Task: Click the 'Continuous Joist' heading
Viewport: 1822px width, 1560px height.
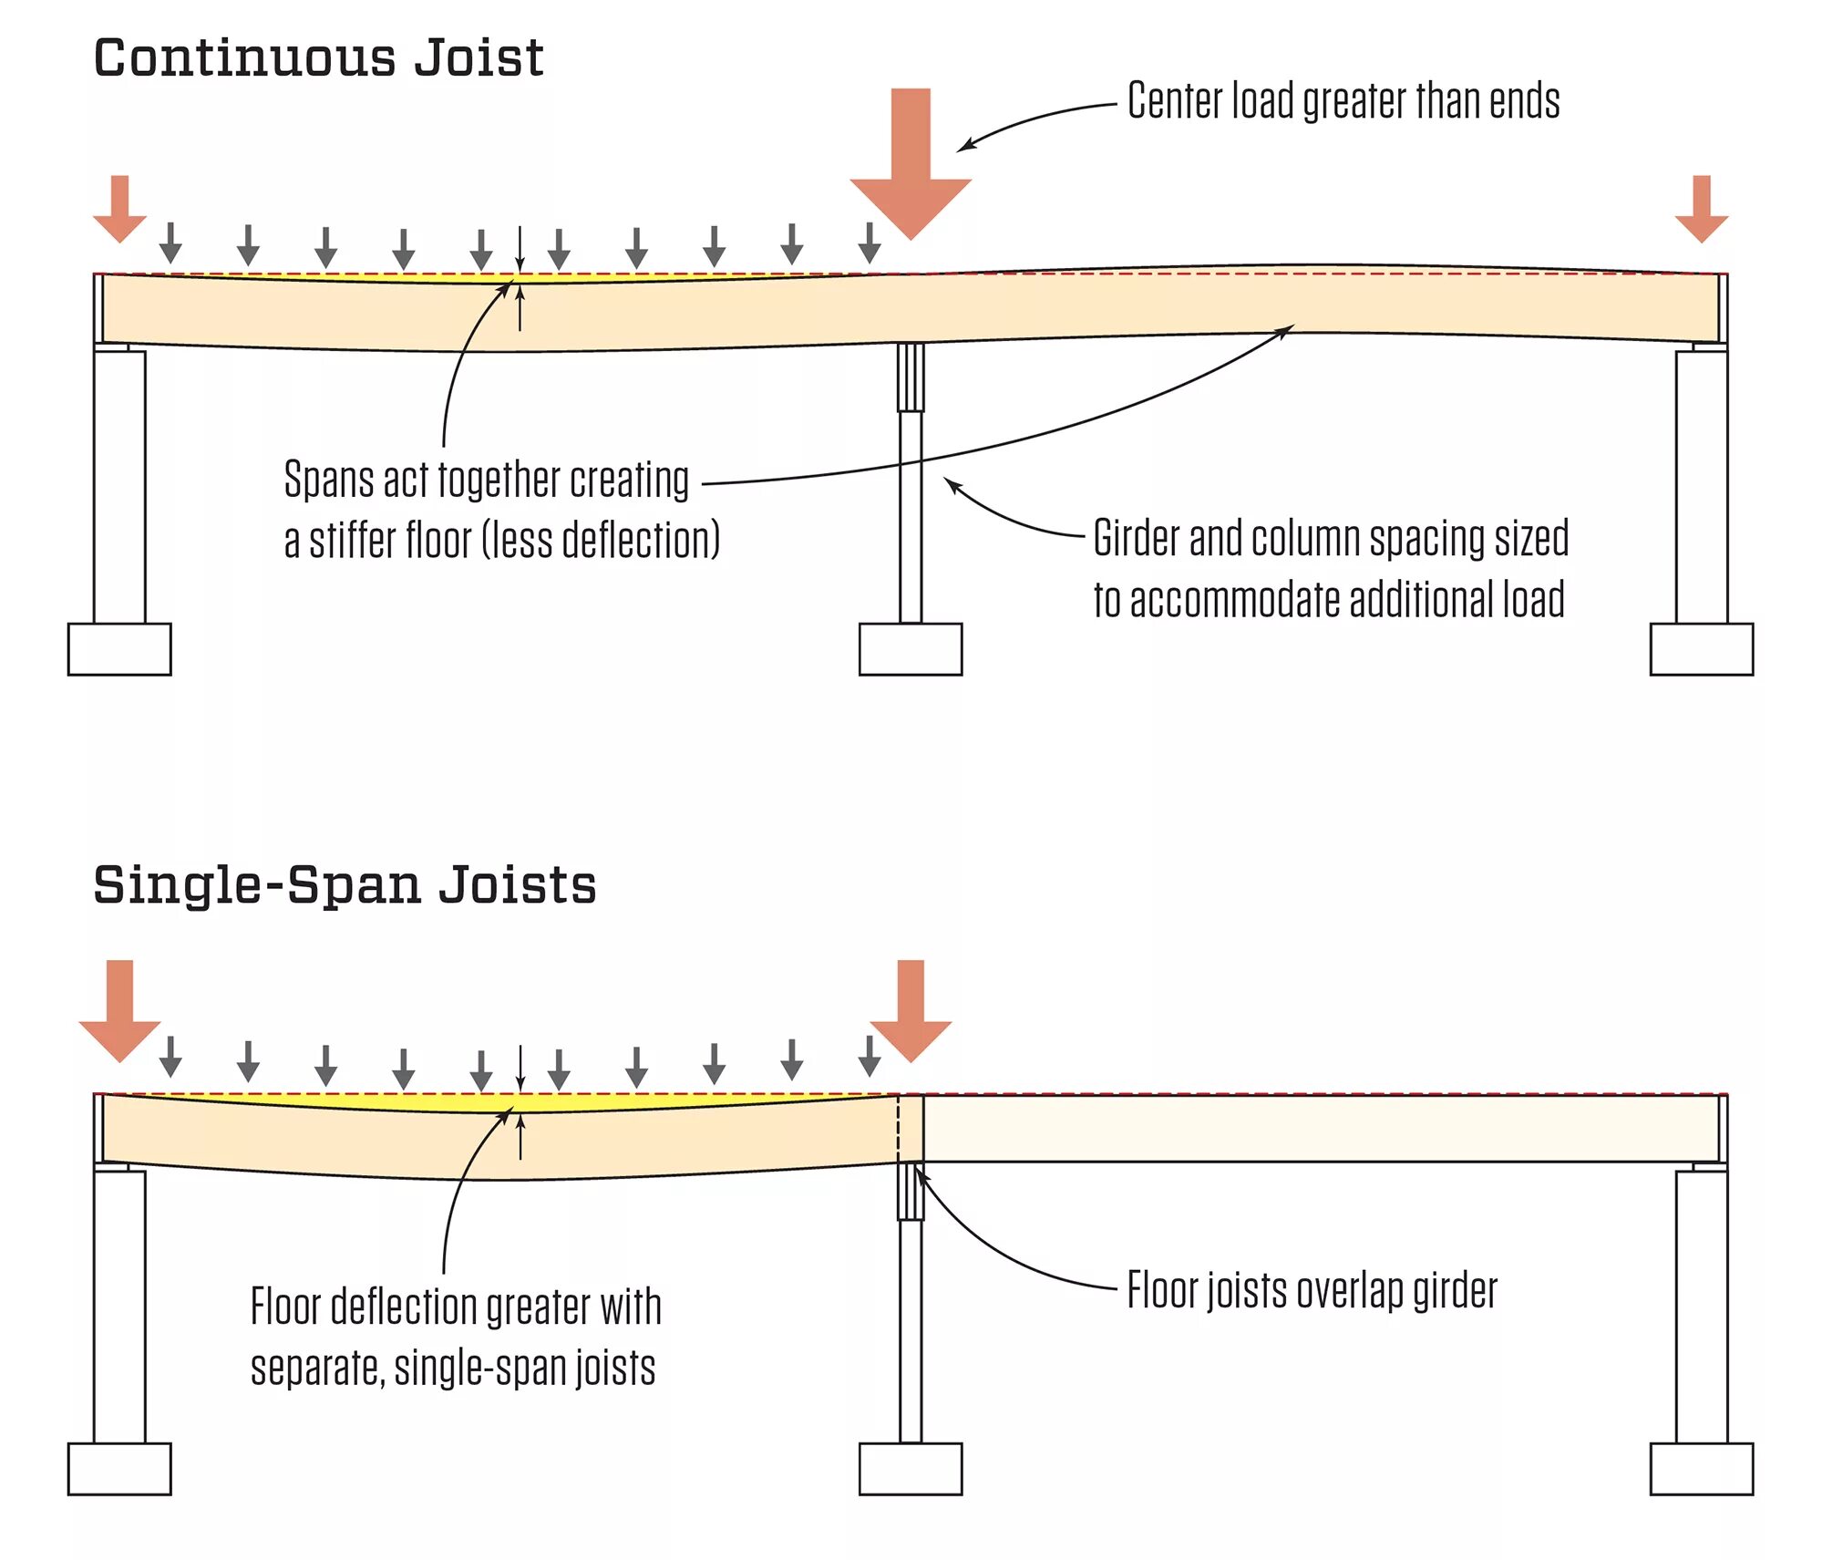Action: [318, 58]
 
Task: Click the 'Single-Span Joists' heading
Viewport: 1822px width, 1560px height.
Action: [345, 884]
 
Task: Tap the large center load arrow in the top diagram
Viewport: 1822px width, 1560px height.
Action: [911, 164]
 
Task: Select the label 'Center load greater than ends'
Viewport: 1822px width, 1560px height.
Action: [1343, 100]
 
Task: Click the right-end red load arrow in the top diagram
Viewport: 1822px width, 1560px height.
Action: [1701, 209]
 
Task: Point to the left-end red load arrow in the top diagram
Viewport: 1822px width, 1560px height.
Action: [119, 209]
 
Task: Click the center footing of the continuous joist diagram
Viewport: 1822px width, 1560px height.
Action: [910, 649]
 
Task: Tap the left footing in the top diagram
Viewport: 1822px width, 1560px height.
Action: [119, 649]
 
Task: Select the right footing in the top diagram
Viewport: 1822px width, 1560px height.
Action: [1701, 649]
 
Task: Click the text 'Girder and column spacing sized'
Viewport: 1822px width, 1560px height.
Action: [1331, 538]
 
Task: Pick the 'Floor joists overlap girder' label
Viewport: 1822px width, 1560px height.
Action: [1312, 1291]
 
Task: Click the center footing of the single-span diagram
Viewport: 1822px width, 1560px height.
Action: [910, 1469]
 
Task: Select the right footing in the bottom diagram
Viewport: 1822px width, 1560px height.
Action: [1701, 1469]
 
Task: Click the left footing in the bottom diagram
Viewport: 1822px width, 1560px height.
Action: [119, 1469]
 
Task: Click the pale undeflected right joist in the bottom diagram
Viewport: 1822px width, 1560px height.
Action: [1322, 1128]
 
